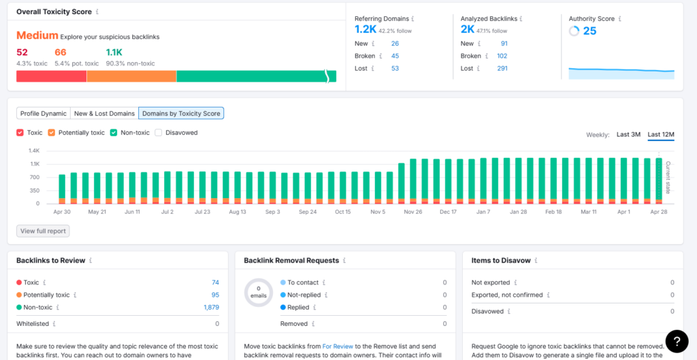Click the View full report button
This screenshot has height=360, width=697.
[43, 231]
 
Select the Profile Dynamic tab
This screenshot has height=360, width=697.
[44, 114]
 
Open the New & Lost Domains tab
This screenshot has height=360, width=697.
[104, 114]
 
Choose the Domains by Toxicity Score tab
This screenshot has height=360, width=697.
[181, 114]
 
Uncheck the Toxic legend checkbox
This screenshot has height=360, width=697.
[20, 133]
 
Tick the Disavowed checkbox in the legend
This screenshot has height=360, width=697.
[159, 133]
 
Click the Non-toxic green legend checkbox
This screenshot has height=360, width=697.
[114, 133]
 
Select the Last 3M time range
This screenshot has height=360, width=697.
[628, 135]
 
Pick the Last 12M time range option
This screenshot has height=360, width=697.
[660, 135]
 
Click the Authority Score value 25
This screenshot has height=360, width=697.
[589, 31]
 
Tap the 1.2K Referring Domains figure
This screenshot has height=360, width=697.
[366, 29]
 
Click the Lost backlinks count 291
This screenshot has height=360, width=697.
[502, 69]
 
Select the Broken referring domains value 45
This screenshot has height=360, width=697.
[395, 56]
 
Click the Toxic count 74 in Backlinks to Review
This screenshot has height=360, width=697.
[215, 282]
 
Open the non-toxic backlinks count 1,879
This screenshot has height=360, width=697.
[211, 308]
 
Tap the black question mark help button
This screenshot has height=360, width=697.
[677, 340]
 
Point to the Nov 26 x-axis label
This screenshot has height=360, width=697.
[413, 212]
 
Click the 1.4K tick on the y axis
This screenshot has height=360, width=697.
[35, 150]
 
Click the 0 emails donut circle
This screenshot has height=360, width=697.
[258, 293]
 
